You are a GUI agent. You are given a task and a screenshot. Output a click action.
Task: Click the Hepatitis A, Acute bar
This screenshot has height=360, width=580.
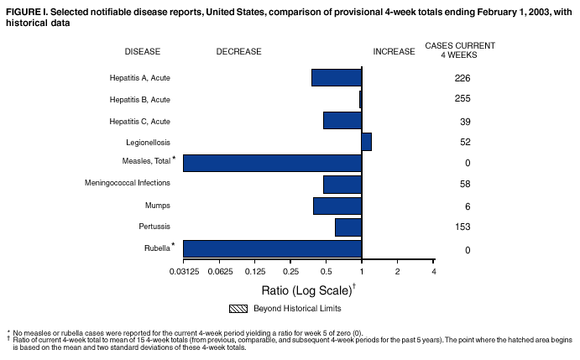pos(336,77)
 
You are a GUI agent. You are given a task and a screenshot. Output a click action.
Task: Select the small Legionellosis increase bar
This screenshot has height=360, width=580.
pos(367,141)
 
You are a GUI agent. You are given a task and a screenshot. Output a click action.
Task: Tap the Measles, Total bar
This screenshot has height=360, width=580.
pos(272,163)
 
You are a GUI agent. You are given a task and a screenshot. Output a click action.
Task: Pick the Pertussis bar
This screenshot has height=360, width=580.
pos(348,227)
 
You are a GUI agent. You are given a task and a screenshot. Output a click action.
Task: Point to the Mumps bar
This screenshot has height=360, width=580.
pos(337,206)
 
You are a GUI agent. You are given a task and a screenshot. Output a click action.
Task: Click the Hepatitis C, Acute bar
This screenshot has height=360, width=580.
pos(342,120)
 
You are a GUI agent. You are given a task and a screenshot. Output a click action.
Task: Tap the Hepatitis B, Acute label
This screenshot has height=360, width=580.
pos(139,100)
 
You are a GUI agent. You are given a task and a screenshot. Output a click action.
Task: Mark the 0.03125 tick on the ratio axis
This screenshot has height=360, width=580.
pos(183,272)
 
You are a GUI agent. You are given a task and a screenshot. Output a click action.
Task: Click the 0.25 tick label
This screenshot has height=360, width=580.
pos(290,272)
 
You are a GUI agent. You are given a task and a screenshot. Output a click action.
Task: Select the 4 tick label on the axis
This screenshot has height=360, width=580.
pos(433,272)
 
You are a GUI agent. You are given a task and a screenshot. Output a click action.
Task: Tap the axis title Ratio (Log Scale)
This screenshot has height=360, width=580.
pos(306,290)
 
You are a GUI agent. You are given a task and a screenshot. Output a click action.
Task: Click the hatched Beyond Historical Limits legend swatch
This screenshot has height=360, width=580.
pos(239,308)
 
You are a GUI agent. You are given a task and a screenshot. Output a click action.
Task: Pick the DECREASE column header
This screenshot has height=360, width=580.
pos(238,51)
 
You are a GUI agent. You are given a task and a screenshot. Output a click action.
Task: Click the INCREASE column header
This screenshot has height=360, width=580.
pos(394,51)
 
